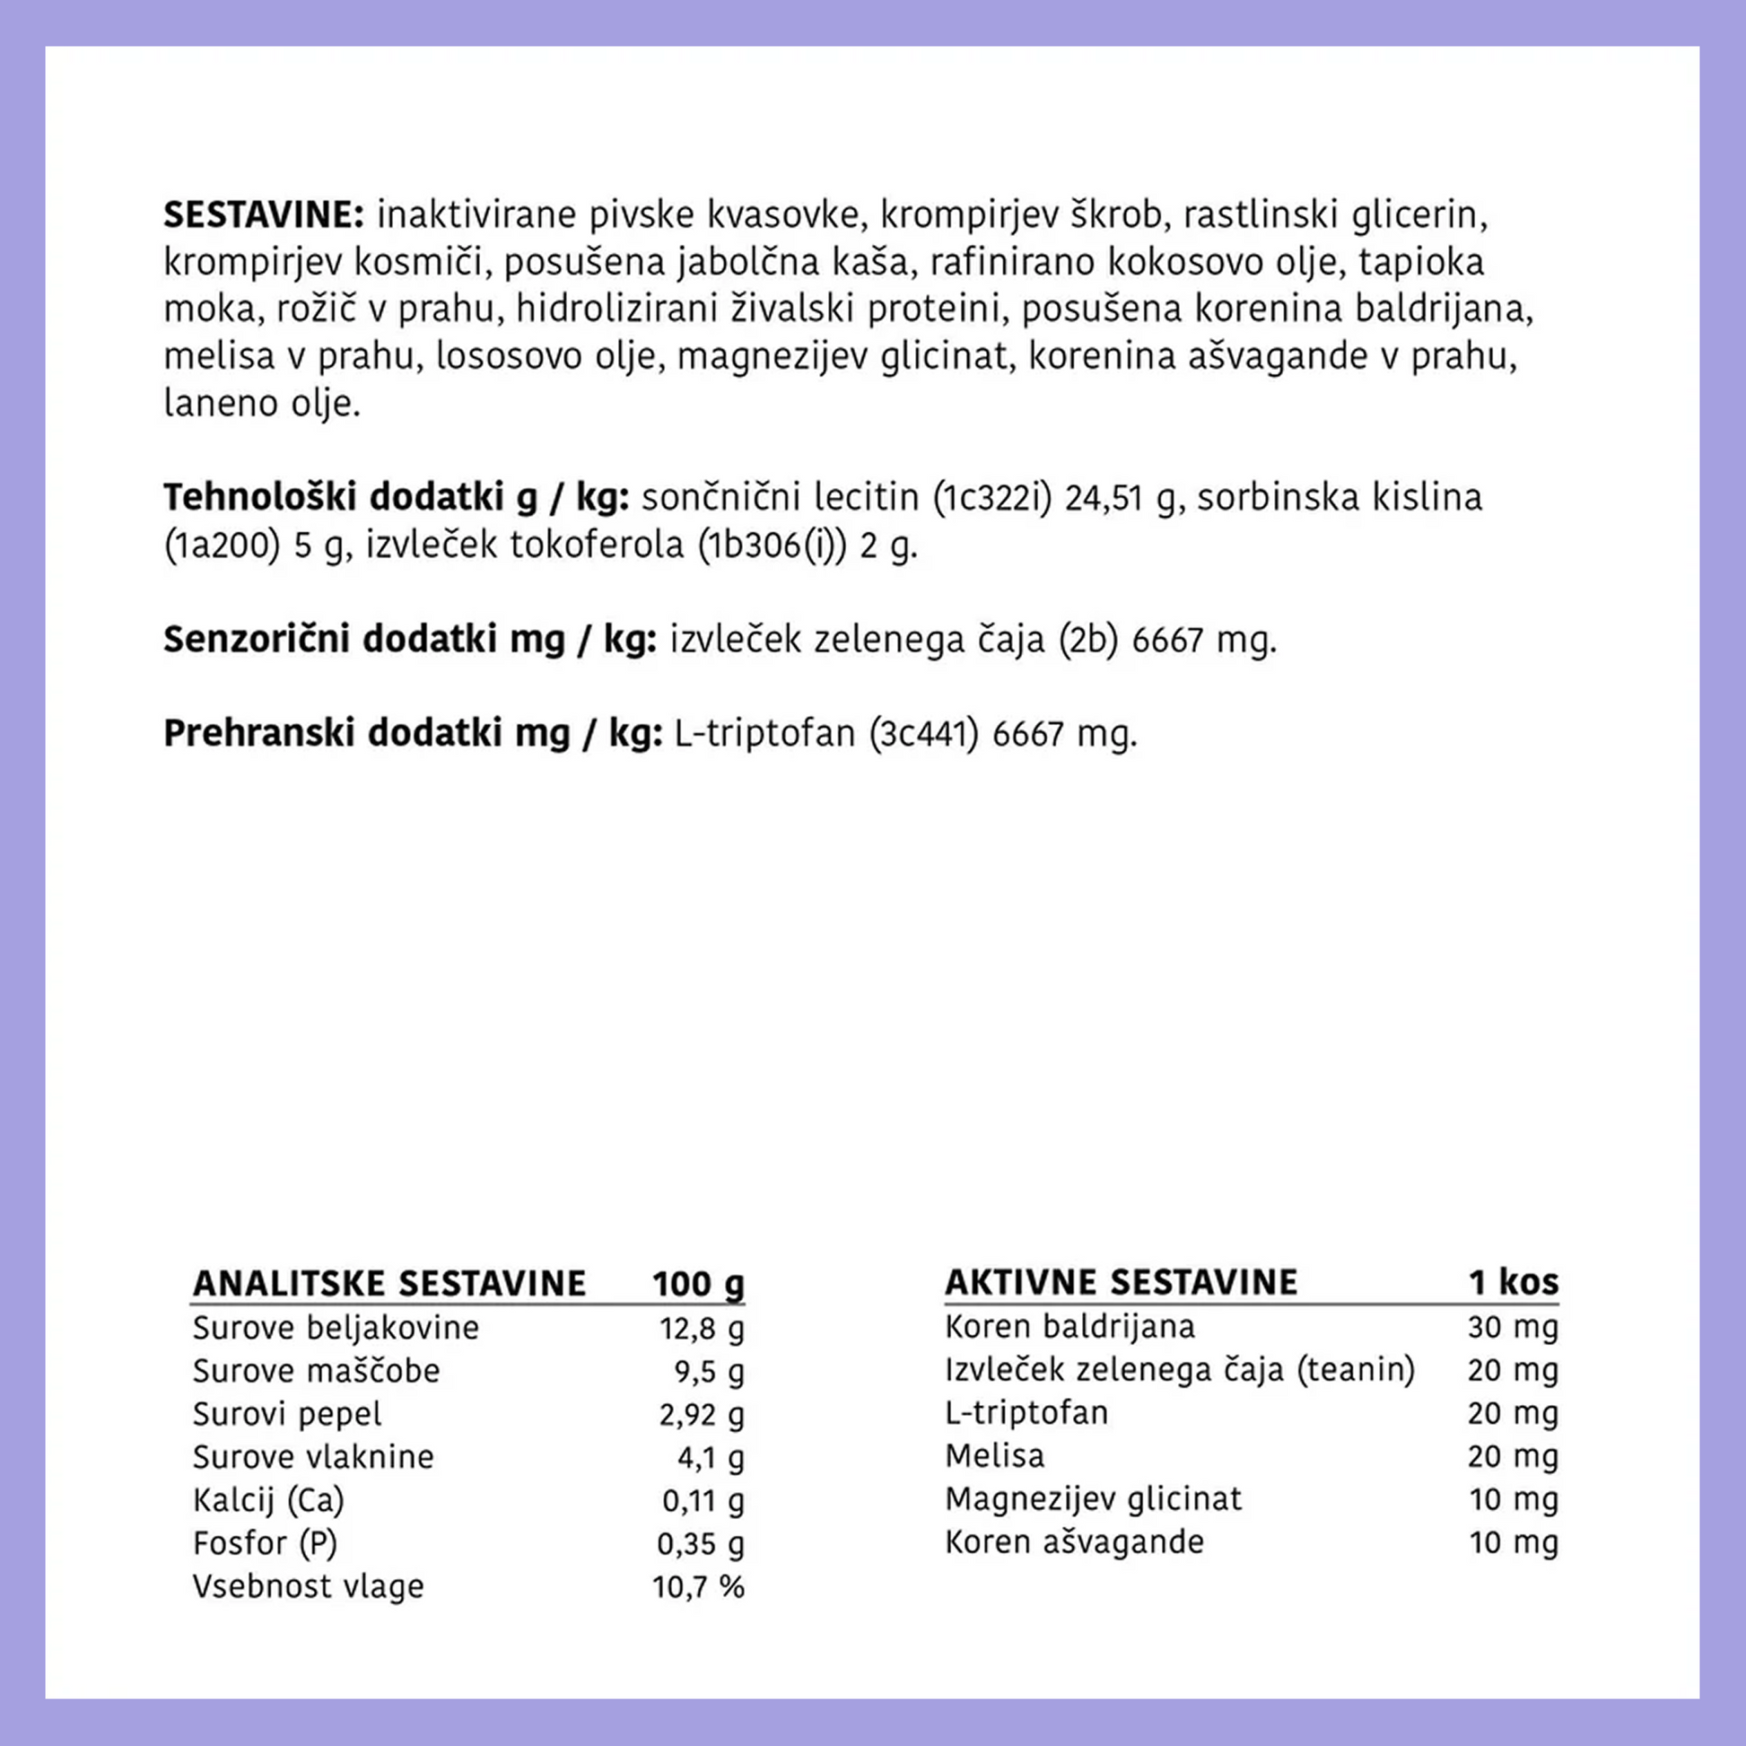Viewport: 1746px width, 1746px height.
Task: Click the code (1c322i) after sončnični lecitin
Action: click(992, 498)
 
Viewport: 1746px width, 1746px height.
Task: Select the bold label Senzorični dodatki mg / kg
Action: click(409, 639)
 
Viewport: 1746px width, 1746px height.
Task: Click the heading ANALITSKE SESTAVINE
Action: click(389, 1283)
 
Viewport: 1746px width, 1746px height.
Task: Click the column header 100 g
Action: click(698, 1283)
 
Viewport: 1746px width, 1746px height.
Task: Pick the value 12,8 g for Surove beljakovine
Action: click(702, 1329)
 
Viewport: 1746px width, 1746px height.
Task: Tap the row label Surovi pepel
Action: click(286, 1414)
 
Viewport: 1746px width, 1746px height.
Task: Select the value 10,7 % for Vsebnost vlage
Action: click(698, 1587)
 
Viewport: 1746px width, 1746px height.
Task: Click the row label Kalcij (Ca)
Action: click(268, 1500)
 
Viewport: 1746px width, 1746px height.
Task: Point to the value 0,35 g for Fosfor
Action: click(701, 1543)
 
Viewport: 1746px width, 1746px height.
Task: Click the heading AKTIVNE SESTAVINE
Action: click(1121, 1281)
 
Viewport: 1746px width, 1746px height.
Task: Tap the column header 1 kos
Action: click(1513, 1281)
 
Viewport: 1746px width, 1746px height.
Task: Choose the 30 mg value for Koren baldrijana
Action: click(1513, 1327)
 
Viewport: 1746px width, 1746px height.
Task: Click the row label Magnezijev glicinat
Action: click(1094, 1499)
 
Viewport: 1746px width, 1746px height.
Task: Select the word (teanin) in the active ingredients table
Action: click(1356, 1370)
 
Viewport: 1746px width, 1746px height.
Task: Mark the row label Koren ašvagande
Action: click(1075, 1541)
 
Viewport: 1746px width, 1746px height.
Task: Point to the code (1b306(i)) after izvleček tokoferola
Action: click(772, 545)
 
